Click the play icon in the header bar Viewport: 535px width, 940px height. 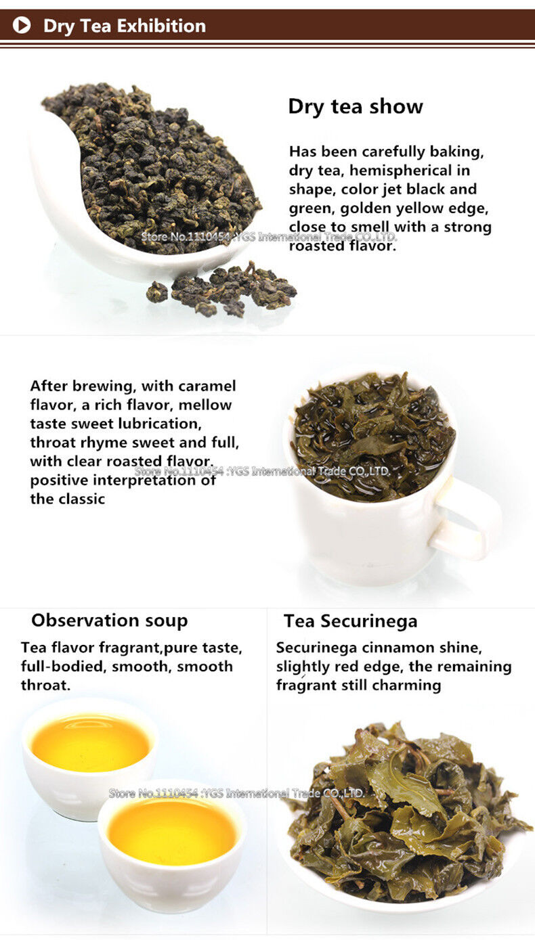pos(22,25)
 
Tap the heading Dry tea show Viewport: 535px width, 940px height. pos(356,107)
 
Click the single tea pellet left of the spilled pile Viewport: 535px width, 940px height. pos(156,292)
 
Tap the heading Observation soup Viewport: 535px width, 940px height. pos(110,621)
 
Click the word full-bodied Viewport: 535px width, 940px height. pos(62,667)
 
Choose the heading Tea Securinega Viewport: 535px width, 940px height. pos(351,621)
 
